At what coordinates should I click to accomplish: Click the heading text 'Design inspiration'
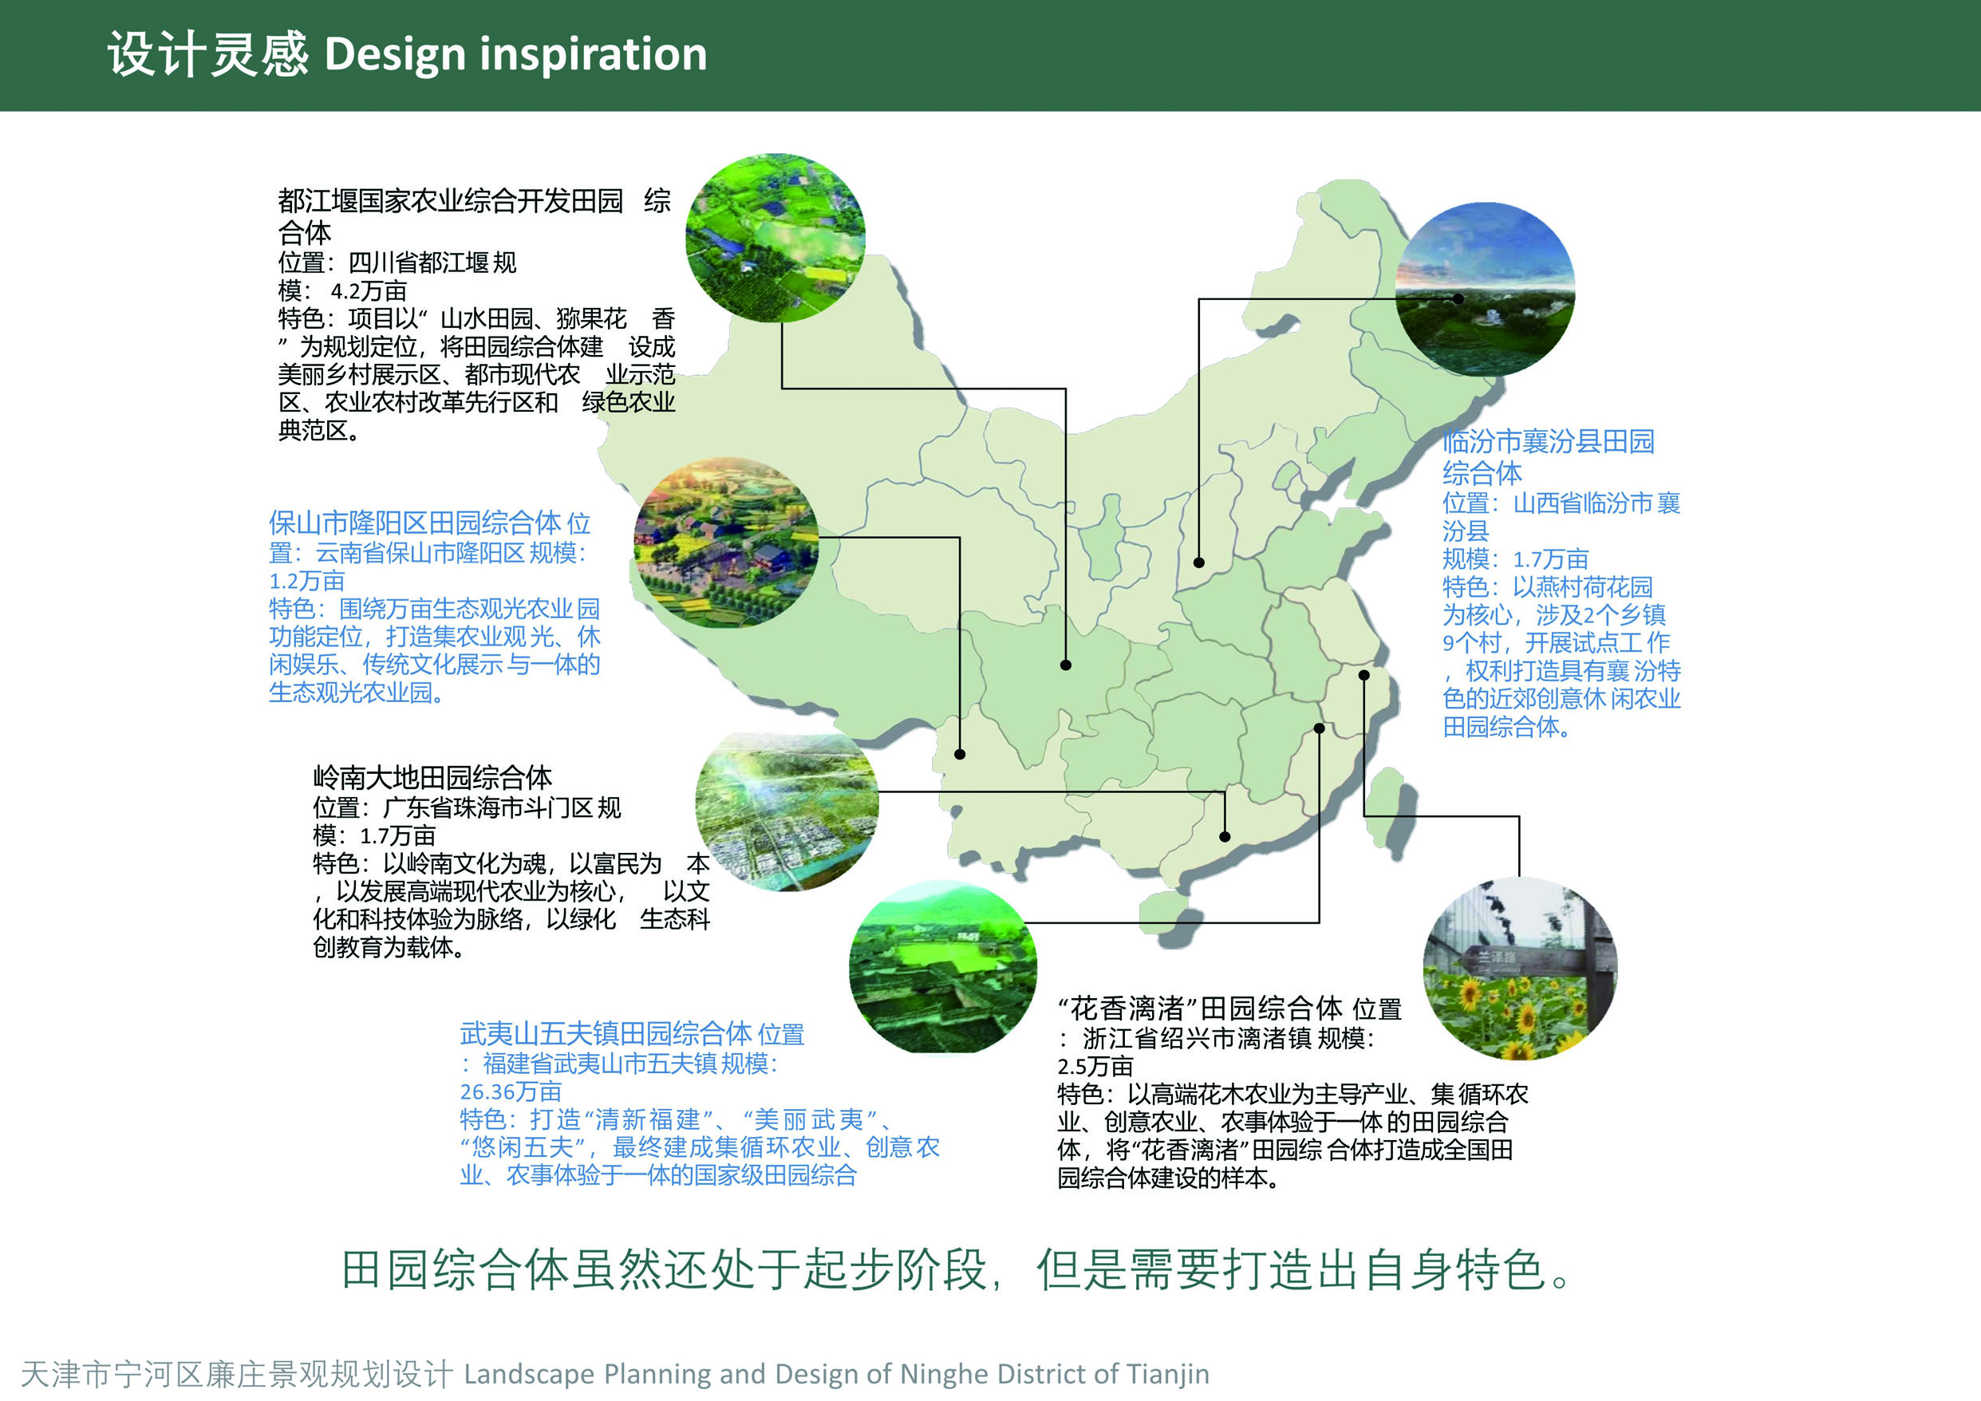point(515,53)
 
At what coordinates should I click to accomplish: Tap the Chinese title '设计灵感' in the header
point(207,53)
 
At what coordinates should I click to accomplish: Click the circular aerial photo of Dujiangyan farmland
point(775,238)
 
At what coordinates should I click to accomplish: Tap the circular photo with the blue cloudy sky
point(1484,289)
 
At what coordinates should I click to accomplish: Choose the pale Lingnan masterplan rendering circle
point(787,811)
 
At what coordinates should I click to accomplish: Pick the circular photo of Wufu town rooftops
point(942,967)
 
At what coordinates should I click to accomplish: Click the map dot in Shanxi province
point(1198,562)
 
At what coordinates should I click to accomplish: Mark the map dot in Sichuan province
point(1066,665)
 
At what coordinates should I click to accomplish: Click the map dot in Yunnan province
point(960,754)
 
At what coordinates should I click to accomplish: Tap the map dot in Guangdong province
point(1225,837)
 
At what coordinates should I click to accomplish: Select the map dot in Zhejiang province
point(1364,676)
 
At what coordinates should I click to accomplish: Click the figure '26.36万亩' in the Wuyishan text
point(511,1091)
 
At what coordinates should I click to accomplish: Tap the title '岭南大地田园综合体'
point(432,777)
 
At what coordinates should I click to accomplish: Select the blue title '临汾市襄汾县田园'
point(1549,441)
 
